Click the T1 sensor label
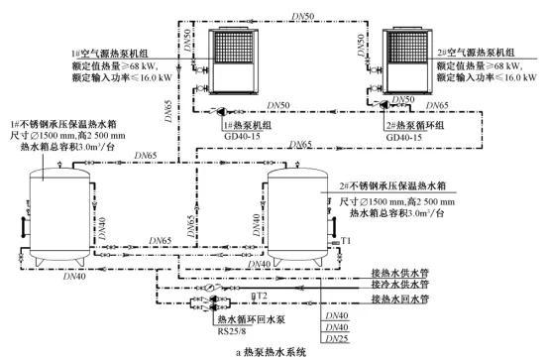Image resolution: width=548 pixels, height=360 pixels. [347, 242]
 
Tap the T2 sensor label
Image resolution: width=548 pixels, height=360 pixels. [262, 297]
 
